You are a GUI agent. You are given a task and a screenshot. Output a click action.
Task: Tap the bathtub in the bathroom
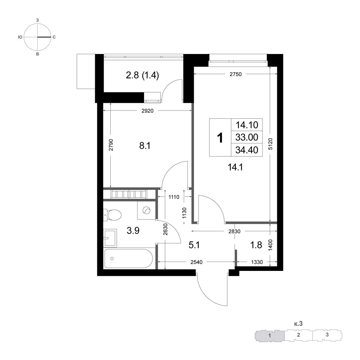click(x=128, y=259)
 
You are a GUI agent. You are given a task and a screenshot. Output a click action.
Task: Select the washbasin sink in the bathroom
click(x=110, y=237)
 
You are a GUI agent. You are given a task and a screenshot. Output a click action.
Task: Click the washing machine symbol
click(x=146, y=210)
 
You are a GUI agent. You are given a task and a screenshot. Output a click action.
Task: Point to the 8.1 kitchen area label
click(x=145, y=145)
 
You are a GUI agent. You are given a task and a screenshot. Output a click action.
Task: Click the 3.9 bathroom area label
click(x=133, y=230)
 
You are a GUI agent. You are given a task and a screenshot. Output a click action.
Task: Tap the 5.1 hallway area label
click(x=194, y=245)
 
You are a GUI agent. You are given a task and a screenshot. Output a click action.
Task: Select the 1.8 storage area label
click(x=256, y=245)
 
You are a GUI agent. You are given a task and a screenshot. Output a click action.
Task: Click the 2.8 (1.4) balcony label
click(x=142, y=76)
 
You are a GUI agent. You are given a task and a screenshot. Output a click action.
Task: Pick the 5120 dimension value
click(x=270, y=144)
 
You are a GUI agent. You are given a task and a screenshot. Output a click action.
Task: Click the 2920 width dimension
click(x=147, y=111)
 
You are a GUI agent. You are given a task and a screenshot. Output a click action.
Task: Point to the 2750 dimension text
click(x=235, y=74)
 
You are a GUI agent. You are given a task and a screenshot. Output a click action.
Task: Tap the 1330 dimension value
click(x=257, y=262)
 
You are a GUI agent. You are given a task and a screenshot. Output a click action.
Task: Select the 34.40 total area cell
click(x=247, y=150)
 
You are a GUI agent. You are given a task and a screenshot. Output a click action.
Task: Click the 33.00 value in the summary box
click(x=247, y=137)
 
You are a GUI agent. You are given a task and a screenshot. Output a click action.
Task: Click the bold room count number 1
click(x=220, y=138)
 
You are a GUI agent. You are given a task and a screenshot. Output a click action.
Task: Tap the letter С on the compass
click(x=54, y=37)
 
